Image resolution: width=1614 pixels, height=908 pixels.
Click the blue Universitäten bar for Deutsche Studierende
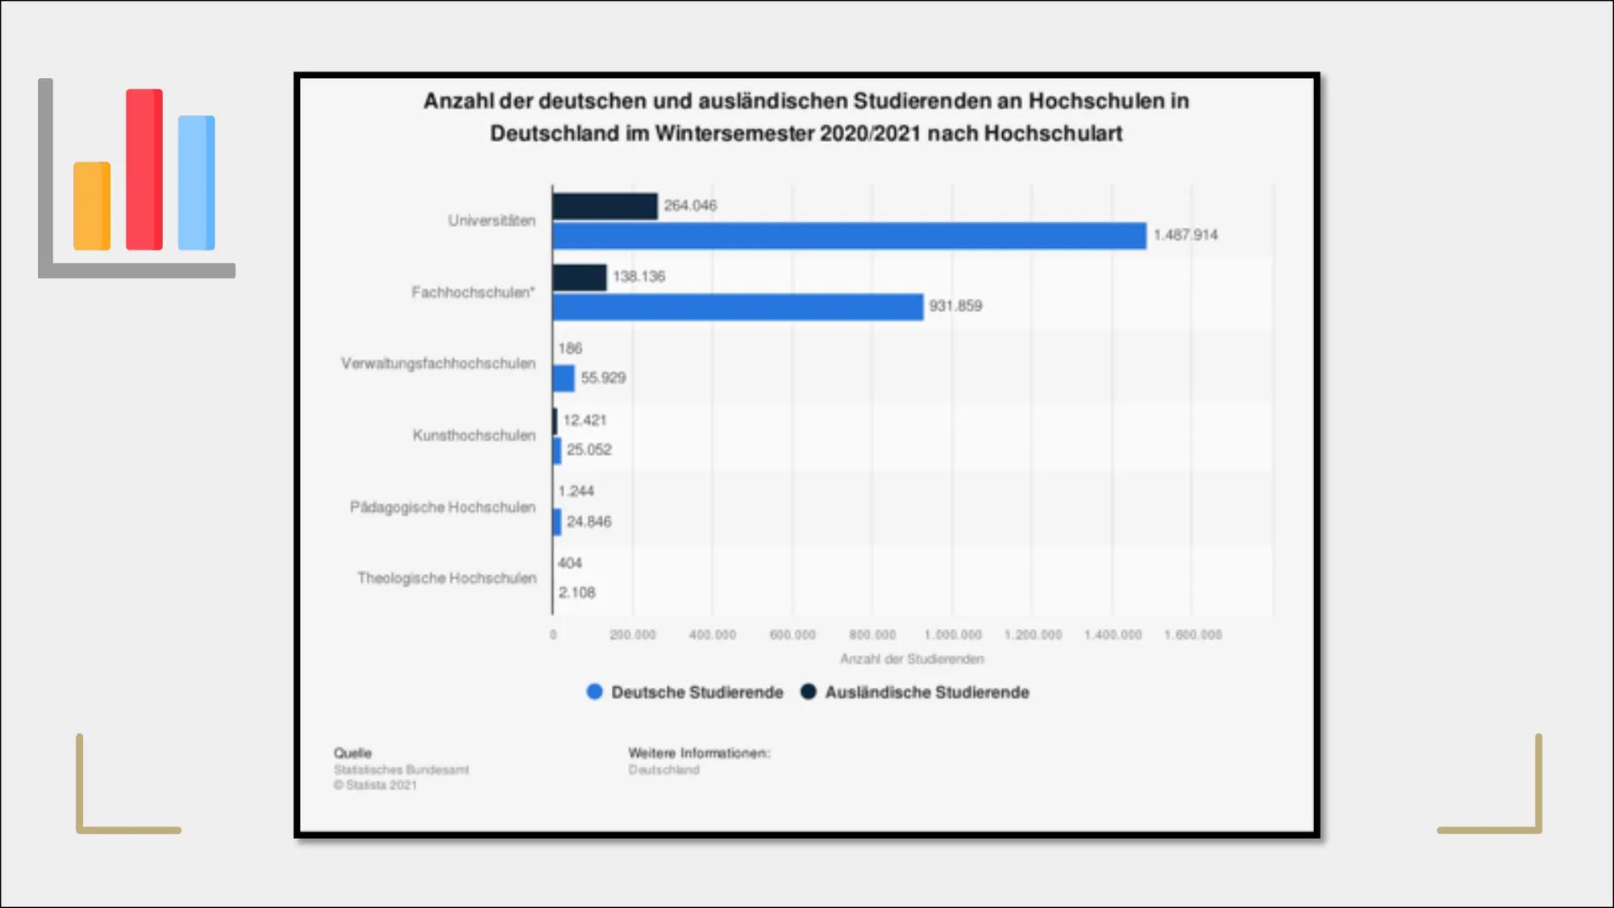point(849,235)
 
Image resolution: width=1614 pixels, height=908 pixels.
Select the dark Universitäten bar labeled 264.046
point(604,206)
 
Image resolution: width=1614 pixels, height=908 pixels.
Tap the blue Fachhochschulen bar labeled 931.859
point(737,307)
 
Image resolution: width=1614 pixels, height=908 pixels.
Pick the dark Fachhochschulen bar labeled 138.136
point(579,277)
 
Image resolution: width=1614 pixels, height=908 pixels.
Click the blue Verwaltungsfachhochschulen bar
point(563,378)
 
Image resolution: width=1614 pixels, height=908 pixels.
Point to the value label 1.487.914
point(1185,235)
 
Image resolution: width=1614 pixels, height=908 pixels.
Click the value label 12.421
point(584,420)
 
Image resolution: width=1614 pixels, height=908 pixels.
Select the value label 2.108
point(577,593)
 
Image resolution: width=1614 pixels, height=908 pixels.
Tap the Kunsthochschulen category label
point(473,435)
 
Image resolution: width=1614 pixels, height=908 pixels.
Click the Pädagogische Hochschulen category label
point(442,507)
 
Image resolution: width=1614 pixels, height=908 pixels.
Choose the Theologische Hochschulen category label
point(446,578)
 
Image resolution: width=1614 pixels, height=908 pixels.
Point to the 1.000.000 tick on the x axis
point(952,635)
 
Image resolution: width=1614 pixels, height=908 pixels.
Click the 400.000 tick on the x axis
point(712,635)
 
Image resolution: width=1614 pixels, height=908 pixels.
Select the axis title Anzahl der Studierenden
point(912,659)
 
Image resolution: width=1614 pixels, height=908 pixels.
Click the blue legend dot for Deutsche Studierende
point(594,692)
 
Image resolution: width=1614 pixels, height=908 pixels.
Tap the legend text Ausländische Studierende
point(926,692)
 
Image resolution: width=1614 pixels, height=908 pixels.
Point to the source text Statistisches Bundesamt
point(401,769)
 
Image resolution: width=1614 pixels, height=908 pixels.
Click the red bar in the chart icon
point(144,169)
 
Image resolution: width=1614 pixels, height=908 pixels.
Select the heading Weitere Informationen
point(699,752)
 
